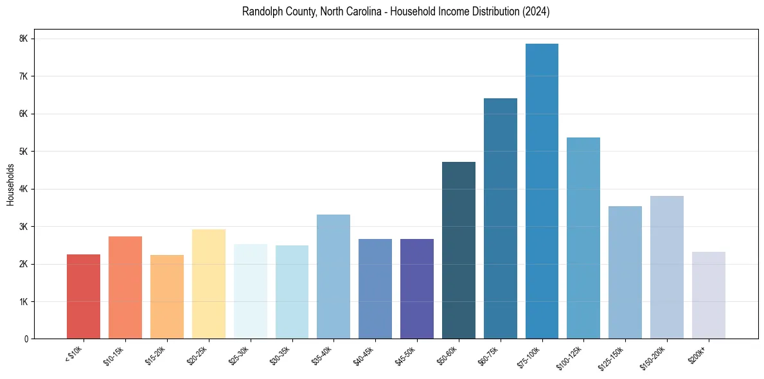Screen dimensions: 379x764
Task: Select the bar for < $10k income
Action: pyautogui.click(x=84, y=296)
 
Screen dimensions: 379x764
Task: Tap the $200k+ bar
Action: pyautogui.click(x=708, y=295)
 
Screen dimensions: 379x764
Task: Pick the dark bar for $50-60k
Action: pyautogui.click(x=459, y=250)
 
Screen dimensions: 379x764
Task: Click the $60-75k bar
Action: pyautogui.click(x=500, y=218)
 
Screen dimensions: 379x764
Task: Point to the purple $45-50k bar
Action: pyautogui.click(x=417, y=288)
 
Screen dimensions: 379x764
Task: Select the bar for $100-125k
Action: pyautogui.click(x=583, y=238)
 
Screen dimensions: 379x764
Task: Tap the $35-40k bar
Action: pyautogui.click(x=333, y=276)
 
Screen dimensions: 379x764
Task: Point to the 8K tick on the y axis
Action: pyautogui.click(x=24, y=39)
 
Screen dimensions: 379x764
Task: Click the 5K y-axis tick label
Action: pyautogui.click(x=24, y=152)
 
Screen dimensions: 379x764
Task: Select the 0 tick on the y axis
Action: pyautogui.click(x=26, y=339)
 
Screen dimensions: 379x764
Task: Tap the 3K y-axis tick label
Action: pyautogui.click(x=24, y=227)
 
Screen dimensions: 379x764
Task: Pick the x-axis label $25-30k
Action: pyautogui.click(x=239, y=355)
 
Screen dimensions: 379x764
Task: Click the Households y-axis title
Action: pyautogui.click(x=10, y=184)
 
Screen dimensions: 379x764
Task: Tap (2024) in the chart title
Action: pyautogui.click(x=537, y=12)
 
